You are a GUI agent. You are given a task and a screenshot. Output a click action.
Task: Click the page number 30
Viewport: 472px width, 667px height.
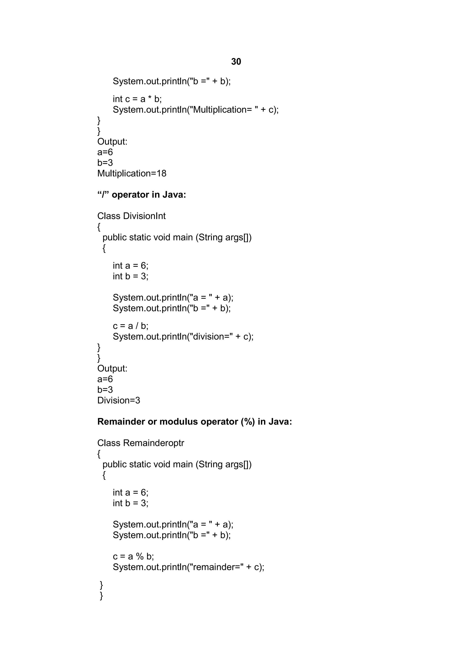pyautogui.click(x=236, y=62)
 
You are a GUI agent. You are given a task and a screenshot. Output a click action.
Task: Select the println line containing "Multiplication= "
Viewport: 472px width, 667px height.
pyautogui.click(x=195, y=110)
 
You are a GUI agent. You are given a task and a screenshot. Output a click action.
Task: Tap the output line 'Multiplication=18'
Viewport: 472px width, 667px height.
pyautogui.click(x=132, y=174)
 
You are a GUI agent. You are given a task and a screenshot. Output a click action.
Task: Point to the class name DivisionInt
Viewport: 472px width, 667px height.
pyautogui.click(x=144, y=216)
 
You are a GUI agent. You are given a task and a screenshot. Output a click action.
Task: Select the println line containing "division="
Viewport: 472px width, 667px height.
pyautogui.click(x=183, y=337)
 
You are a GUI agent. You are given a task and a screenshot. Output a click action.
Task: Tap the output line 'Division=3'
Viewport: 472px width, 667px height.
pyautogui.click(x=119, y=400)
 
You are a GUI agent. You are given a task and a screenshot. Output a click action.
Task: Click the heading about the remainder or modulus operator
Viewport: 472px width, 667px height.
pyautogui.click(x=194, y=421)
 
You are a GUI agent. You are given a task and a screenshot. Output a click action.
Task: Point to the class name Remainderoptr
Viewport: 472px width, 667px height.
pyautogui.click(x=153, y=443)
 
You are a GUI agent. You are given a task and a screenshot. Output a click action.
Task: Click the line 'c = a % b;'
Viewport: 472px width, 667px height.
pyautogui.click(x=133, y=556)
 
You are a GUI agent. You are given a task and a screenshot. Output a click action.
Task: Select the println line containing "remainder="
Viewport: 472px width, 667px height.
pyautogui.click(x=189, y=567)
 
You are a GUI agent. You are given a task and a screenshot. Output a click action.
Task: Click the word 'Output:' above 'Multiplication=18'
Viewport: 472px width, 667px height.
pyautogui.click(x=112, y=142)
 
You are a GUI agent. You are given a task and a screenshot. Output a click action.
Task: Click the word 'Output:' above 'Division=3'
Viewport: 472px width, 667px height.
pyautogui.click(x=112, y=368)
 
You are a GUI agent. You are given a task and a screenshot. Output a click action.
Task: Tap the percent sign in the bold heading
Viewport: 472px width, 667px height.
pyautogui.click(x=248, y=421)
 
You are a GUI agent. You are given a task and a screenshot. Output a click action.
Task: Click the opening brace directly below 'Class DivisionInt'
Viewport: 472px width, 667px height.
pyautogui.click(x=99, y=227)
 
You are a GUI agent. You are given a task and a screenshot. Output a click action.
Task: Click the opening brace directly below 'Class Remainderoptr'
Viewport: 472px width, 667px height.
pyautogui.click(x=99, y=454)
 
